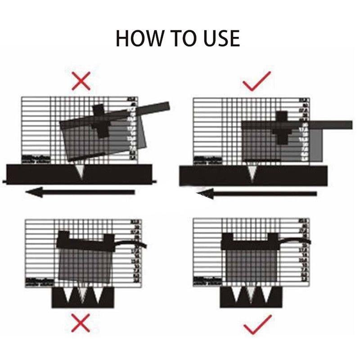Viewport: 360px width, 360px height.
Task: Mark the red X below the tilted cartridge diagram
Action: pos(81,324)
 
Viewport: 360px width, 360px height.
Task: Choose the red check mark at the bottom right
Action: pos(257,324)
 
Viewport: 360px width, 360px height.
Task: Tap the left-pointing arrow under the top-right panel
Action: pos(256,194)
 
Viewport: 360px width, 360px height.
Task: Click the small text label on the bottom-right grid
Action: pos(206,280)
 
